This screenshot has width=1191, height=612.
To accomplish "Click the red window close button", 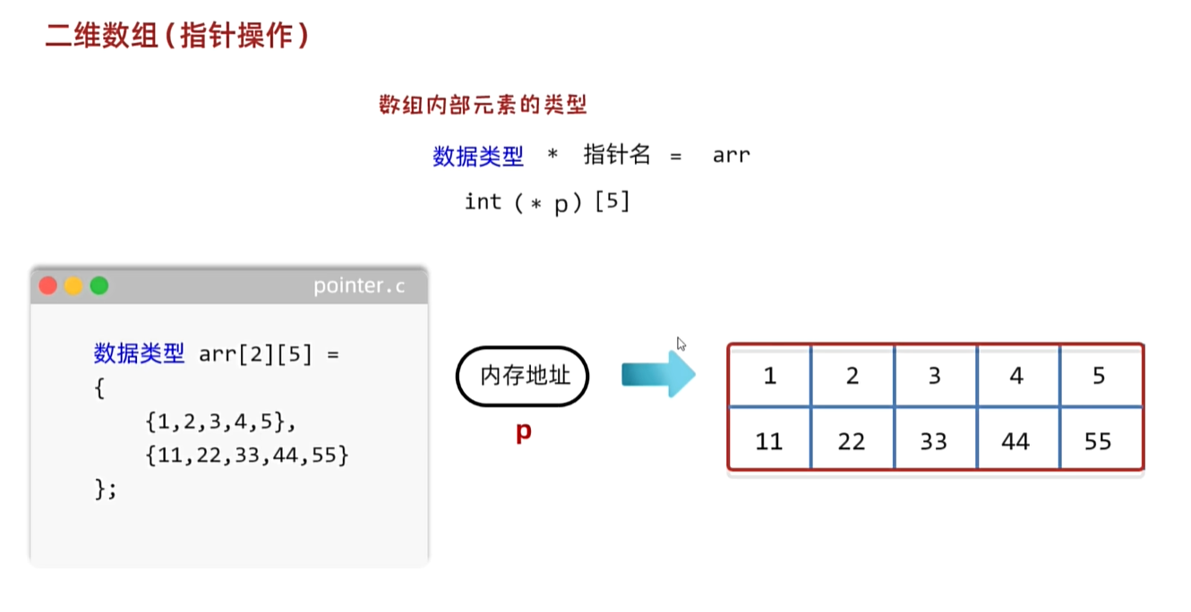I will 48,285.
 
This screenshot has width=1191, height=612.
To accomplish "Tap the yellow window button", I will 73,285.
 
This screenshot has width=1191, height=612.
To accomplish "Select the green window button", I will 99,285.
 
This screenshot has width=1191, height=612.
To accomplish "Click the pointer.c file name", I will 358,286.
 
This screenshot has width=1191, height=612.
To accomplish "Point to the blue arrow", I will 658,375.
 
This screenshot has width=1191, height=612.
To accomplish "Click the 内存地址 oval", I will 524,377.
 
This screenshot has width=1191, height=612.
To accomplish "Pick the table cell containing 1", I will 770,376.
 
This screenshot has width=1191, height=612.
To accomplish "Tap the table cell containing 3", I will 934,376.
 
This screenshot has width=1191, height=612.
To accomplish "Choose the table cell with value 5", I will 1099,376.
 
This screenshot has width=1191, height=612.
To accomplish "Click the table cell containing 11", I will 769,440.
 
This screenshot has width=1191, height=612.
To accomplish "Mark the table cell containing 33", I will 934,440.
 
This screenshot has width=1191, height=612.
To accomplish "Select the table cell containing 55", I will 1099,440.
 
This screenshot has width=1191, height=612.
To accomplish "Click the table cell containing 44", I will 1016,440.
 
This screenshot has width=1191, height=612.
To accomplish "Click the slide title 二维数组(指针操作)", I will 177,37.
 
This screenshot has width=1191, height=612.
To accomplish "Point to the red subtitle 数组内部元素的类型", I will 483,106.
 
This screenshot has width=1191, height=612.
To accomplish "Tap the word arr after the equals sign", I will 731,156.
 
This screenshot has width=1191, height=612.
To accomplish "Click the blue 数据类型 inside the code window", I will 139,354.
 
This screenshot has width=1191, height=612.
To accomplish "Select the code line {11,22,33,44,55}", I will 246,456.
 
